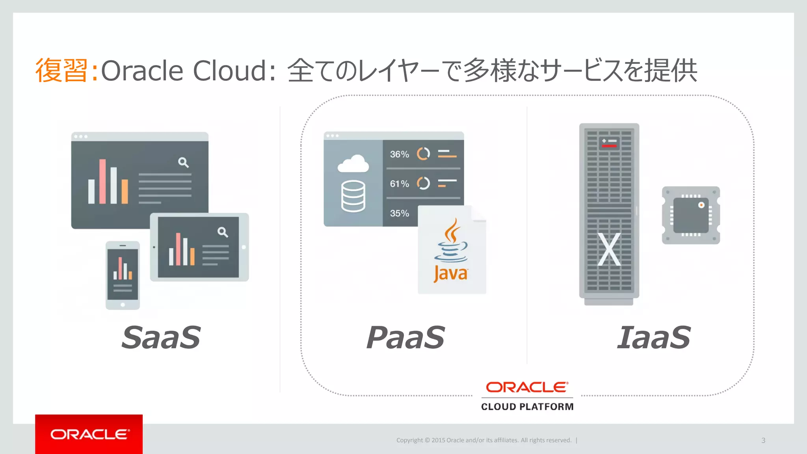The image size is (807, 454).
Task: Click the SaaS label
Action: [x=161, y=338]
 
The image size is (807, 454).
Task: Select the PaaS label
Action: [x=405, y=338]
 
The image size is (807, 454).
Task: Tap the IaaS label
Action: [x=654, y=338]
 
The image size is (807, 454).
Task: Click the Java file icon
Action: [x=452, y=251]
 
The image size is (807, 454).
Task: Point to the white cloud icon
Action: [x=353, y=164]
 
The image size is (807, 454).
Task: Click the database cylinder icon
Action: [x=353, y=196]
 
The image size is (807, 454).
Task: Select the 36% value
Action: [x=399, y=154]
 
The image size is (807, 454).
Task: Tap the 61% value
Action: [x=399, y=184]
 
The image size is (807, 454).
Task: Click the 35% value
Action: [x=399, y=214]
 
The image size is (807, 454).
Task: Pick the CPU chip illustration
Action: [x=691, y=215]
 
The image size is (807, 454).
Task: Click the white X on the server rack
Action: [x=609, y=249]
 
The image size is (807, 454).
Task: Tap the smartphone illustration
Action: [x=123, y=275]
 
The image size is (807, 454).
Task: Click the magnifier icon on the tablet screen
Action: [x=223, y=232]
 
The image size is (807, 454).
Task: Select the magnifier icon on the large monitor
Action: [x=183, y=162]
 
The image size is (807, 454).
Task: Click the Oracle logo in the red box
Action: [x=89, y=434]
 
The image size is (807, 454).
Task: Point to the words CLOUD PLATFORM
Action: [x=527, y=407]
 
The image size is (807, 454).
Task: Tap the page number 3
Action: [x=763, y=440]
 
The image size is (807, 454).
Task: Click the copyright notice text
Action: [x=483, y=440]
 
